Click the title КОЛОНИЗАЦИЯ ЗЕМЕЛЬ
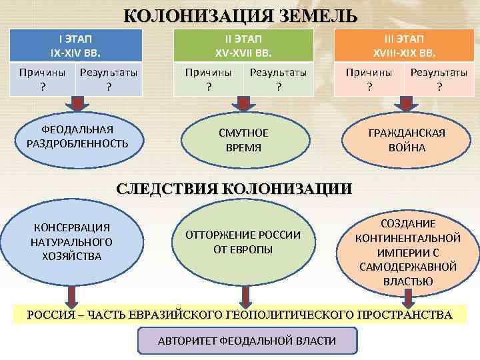point(240,16)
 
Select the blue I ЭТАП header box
point(77,45)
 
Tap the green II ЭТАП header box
point(243,45)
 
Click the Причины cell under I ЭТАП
point(43,79)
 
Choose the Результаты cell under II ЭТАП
point(278,79)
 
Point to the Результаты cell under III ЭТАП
point(438,79)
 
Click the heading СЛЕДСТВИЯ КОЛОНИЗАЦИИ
point(233,188)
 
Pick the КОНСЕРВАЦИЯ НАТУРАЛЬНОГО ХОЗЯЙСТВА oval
point(71,242)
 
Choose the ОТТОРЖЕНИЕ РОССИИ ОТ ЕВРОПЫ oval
point(243,242)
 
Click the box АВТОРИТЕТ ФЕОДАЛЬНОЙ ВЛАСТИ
point(247,341)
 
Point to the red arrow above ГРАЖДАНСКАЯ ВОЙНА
point(405,104)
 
